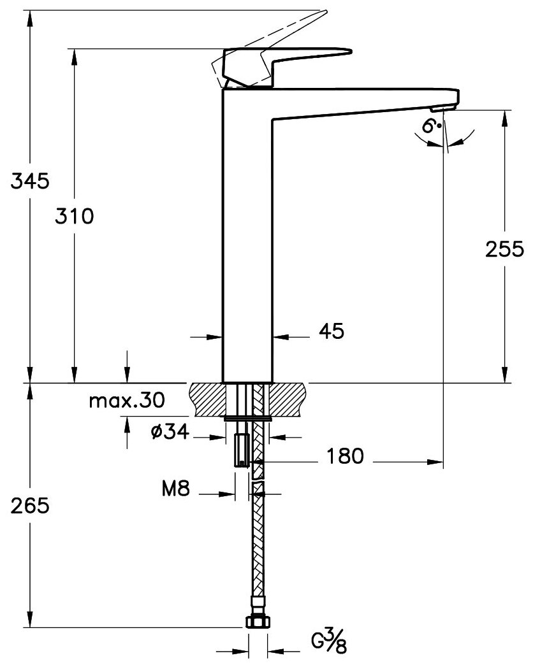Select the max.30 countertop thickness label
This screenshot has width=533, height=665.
coord(126,401)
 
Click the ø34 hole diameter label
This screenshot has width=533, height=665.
coord(169,433)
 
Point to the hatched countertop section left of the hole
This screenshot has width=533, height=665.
coord(207,399)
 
